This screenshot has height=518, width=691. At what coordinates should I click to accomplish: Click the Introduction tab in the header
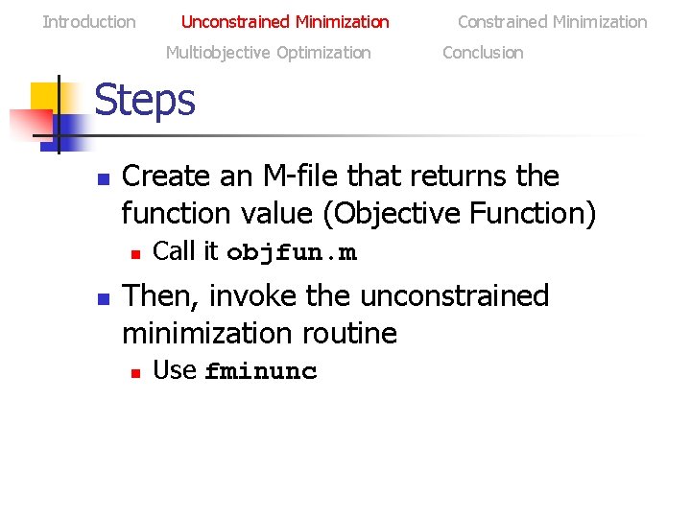tap(89, 22)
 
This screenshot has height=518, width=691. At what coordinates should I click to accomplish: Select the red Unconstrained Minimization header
tap(285, 22)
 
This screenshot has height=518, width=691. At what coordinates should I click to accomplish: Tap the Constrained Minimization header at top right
tap(552, 22)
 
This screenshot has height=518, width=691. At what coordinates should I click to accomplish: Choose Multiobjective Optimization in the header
tap(268, 53)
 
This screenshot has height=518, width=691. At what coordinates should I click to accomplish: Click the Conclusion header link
tap(483, 53)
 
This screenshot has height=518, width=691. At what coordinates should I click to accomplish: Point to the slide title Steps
tap(145, 100)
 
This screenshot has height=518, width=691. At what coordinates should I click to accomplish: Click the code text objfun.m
tap(292, 252)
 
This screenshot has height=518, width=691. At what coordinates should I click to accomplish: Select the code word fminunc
tap(261, 371)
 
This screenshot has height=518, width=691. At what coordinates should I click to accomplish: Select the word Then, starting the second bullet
tap(158, 296)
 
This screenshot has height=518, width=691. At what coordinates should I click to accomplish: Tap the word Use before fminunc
tap(175, 370)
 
